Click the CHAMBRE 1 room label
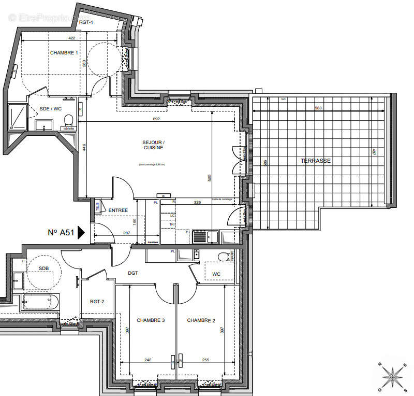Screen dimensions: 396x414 [64, 53]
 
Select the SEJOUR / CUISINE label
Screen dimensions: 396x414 [154, 145]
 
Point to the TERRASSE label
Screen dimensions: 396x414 [315, 161]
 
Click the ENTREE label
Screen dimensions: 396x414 [118, 210]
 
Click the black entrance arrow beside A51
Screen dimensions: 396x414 [81, 233]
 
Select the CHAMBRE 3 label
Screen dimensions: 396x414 [150, 320]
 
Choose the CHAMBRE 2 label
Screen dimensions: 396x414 [201, 320]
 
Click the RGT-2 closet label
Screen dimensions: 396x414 [97, 301]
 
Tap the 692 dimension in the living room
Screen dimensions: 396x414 [157, 119]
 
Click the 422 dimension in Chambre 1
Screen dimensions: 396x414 [72, 38]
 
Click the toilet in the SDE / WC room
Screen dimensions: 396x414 [68, 121]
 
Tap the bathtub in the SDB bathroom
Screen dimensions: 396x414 [41, 301]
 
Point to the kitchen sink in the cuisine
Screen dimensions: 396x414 [200, 237]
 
